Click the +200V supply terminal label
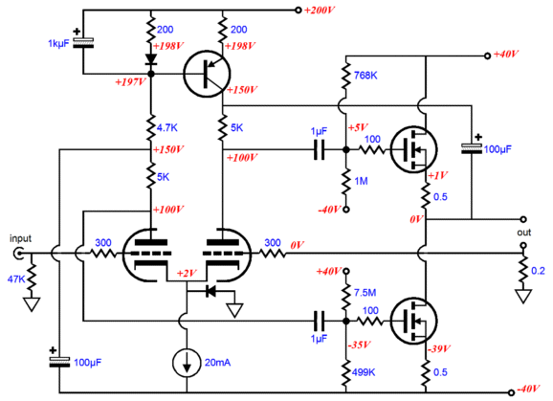click(x=320, y=11)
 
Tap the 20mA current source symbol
click(x=187, y=363)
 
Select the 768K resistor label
click(x=365, y=75)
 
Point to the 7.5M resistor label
click(x=365, y=292)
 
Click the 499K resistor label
click(x=364, y=372)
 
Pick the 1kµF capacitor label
click(x=58, y=44)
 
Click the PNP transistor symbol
click(x=207, y=74)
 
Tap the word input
click(x=20, y=238)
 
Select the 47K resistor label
click(x=16, y=278)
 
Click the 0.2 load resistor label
click(x=538, y=271)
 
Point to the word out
click(x=523, y=233)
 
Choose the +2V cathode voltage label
click(x=187, y=274)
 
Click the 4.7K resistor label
click(x=166, y=127)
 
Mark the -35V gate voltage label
click(x=360, y=345)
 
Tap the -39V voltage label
click(x=439, y=348)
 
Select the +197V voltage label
click(x=130, y=82)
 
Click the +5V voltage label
click(x=359, y=127)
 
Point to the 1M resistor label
click(x=361, y=181)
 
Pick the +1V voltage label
click(x=437, y=175)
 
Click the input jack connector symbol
click(x=18, y=254)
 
